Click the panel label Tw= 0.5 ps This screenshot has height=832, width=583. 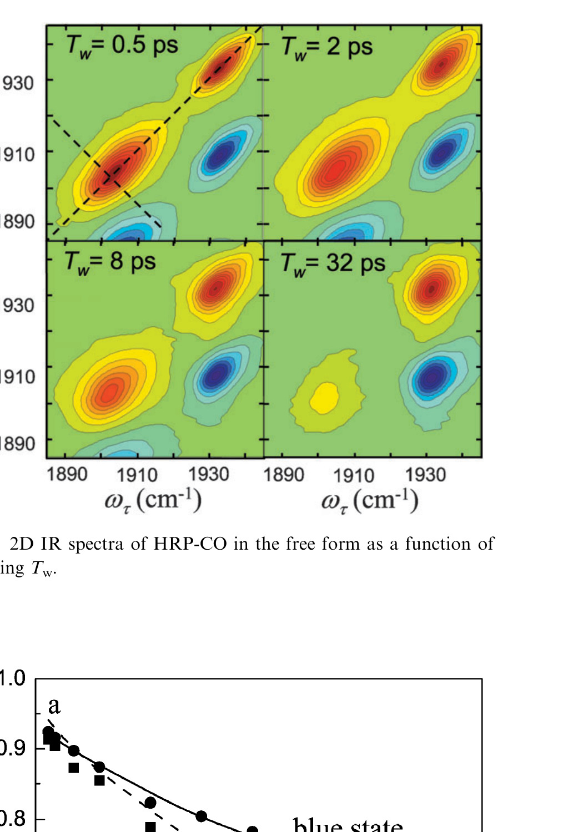tap(122, 45)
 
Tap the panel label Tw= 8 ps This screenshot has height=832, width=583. tap(110, 261)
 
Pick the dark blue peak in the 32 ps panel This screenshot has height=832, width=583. tap(433, 377)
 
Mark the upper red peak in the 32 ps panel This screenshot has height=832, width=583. tap(432, 288)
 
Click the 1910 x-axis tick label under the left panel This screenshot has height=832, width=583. tap(137, 475)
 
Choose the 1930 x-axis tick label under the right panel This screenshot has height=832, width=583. tap(425, 475)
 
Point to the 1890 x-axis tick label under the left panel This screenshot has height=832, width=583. tap(67, 475)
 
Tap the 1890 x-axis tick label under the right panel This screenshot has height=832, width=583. tap(284, 475)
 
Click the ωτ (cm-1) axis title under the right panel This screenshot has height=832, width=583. tap(369, 501)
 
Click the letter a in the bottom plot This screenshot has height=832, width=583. tap(54, 705)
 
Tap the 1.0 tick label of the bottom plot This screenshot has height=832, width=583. tap(12, 678)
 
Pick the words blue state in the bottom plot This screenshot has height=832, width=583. tap(348, 826)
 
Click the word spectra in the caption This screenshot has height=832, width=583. tap(96, 545)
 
